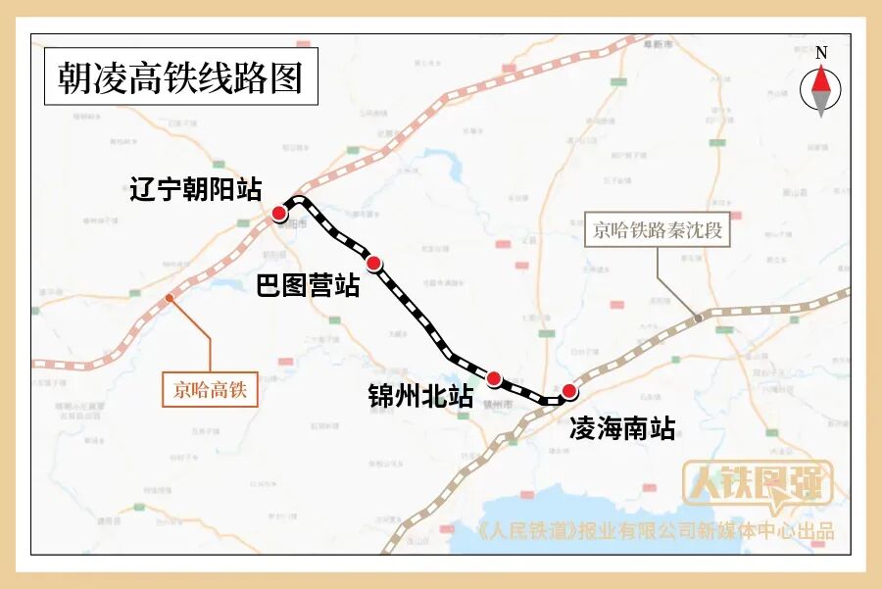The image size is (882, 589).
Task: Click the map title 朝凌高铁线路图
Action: (180, 76)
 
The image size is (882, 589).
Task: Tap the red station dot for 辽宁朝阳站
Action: (279, 214)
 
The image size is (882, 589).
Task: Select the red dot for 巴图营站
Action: (372, 263)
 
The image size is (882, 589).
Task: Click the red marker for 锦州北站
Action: (494, 378)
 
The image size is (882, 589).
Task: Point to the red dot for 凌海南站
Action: (569, 391)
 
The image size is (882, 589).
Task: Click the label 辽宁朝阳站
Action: (196, 189)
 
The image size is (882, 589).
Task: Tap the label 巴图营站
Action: (308, 286)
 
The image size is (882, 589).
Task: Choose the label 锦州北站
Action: (420, 397)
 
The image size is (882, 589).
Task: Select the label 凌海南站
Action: (622, 428)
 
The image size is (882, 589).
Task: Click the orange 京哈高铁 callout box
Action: (211, 391)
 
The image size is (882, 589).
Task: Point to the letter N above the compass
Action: (821, 53)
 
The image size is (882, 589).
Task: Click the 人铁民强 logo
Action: (758, 486)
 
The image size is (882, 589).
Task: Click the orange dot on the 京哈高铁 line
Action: (170, 297)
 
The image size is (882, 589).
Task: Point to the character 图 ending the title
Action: (287, 76)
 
